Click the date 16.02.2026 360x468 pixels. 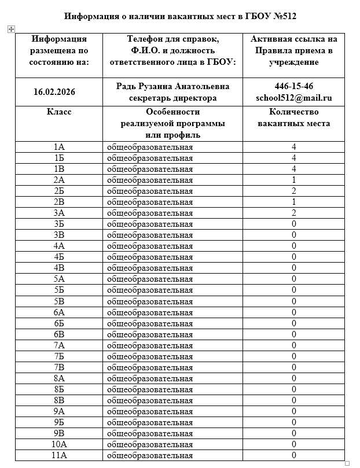(x=54, y=92)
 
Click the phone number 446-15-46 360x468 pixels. (x=294, y=86)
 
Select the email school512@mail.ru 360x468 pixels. (x=294, y=98)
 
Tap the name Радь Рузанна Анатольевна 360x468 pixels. (x=172, y=86)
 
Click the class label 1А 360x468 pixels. (x=59, y=147)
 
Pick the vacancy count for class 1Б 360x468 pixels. (x=294, y=158)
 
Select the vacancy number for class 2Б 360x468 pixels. (x=294, y=191)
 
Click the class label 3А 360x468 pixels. (x=59, y=213)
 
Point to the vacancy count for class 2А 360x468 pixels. (x=294, y=180)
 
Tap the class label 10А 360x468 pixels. (x=59, y=444)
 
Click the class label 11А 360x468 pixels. (x=59, y=455)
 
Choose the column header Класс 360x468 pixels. (x=59, y=112)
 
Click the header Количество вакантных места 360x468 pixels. (x=294, y=118)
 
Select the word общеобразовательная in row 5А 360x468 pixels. (x=150, y=279)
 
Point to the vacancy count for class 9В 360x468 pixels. (x=294, y=433)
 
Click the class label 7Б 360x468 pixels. (x=59, y=356)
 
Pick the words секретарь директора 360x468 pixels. (x=172, y=98)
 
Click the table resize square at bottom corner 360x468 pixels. (x=348, y=463)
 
